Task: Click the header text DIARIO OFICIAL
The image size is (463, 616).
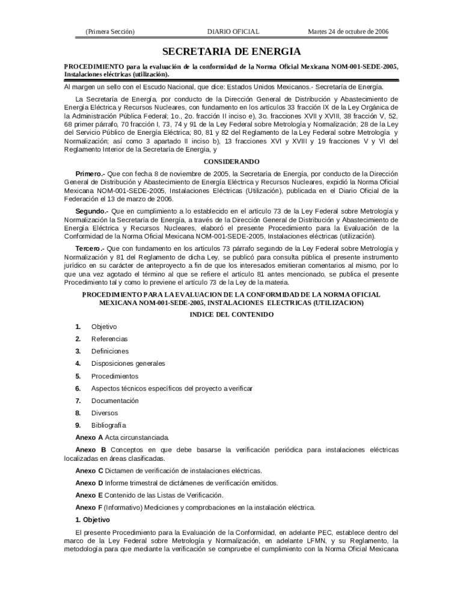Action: [x=233, y=31]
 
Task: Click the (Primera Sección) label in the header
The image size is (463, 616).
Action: [x=110, y=31]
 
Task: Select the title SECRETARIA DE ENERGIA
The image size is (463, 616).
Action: [x=231, y=52]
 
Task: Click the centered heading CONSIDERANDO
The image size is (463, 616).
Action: [x=231, y=162]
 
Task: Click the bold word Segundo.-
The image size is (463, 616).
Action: [x=92, y=211]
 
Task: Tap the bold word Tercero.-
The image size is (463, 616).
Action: [x=90, y=248]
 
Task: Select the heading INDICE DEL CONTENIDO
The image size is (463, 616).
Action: [x=231, y=315]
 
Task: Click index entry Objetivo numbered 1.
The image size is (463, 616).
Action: [x=104, y=327]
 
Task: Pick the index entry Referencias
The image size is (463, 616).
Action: [x=109, y=339]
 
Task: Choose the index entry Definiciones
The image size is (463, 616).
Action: [x=109, y=351]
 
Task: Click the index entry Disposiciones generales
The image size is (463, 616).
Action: [x=128, y=363]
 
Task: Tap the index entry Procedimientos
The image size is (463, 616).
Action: [x=115, y=376]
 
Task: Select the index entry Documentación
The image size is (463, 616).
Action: [x=115, y=401]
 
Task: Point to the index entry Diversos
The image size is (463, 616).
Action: [x=105, y=413]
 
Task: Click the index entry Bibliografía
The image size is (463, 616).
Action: [x=109, y=426]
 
